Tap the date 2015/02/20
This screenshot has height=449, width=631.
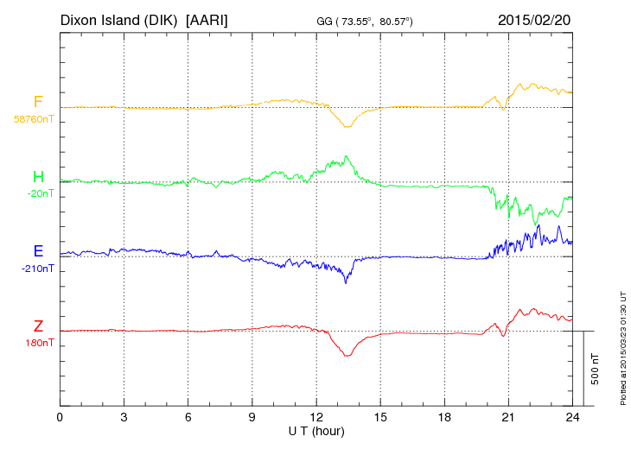(534, 19)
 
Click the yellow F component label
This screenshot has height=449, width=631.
(38, 103)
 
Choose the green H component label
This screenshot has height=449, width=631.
(38, 177)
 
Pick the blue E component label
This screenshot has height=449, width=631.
(38, 251)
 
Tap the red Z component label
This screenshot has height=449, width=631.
(38, 326)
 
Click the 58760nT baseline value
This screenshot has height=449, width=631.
(33, 119)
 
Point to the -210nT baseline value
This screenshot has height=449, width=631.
(37, 269)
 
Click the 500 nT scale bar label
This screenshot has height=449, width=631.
(596, 368)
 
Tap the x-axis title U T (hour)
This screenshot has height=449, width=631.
(316, 430)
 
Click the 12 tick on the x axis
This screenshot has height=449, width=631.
(316, 416)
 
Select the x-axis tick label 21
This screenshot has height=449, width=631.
(508, 416)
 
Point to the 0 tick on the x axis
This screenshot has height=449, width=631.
(60, 416)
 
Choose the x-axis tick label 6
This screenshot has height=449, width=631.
(188, 416)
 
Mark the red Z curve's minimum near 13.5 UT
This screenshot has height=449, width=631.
(347, 356)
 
